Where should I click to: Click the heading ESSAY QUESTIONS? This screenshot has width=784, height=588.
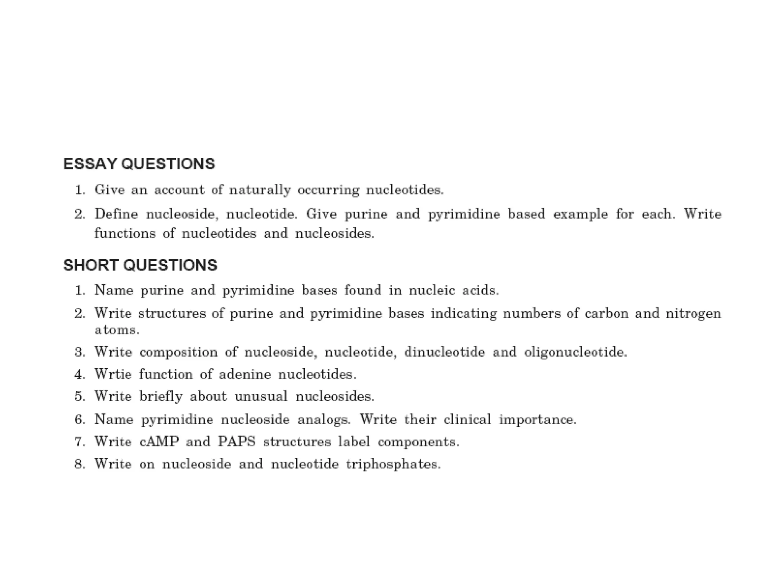pos(139,164)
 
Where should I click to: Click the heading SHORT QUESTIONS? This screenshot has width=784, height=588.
pos(140,265)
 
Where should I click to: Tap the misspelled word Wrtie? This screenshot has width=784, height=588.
pos(113,374)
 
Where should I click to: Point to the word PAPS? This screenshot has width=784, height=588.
pos(237,442)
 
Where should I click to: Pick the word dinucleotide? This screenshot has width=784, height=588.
pos(444,351)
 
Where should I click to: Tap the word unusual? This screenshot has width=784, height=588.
pos(261,396)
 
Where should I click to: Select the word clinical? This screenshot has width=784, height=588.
pos(467,420)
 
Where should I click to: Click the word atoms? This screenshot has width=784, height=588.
pos(117,330)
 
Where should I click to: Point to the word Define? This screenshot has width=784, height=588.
pos(116,214)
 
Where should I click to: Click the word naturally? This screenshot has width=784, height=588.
pos(260,190)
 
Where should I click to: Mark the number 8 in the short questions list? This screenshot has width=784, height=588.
pos(79,464)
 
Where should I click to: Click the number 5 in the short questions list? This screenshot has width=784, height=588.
pos(79,396)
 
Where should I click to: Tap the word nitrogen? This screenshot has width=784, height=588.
pos(693,314)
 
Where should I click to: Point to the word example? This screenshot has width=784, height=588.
pos(580,214)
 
